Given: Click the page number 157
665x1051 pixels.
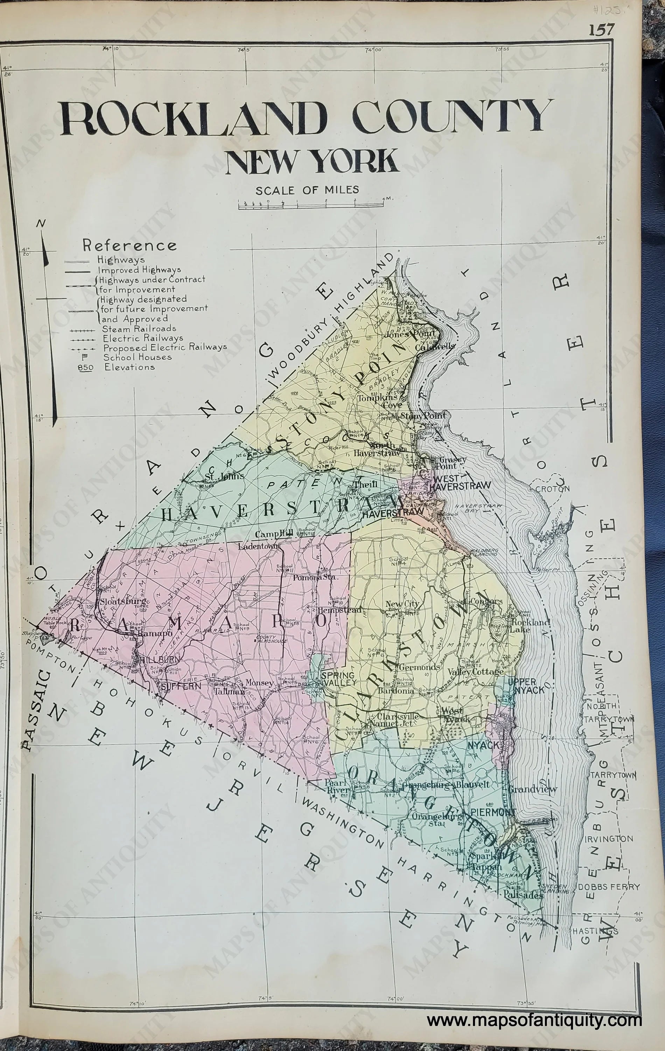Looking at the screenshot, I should click(602, 30).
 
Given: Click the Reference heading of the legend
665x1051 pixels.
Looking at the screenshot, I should click(129, 245).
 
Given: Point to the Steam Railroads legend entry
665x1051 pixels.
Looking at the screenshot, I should click(139, 328).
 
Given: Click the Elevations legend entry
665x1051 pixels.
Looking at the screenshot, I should click(129, 367).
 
